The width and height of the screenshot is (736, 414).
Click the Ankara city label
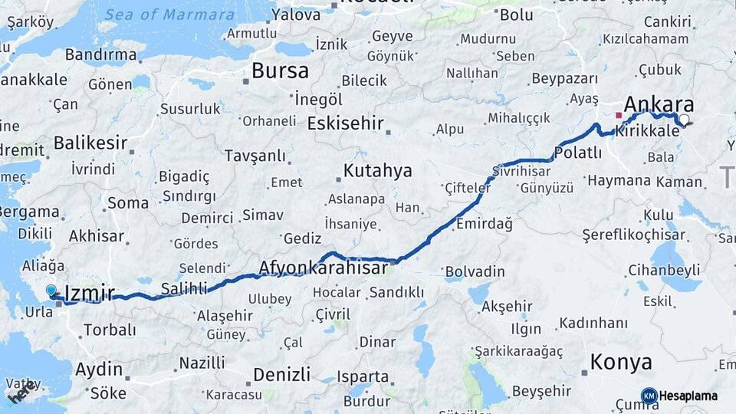(x=659, y=105)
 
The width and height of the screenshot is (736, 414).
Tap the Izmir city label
(x=90, y=292)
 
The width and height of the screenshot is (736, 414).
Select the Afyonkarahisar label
(x=323, y=268)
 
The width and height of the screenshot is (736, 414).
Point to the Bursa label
(x=280, y=71)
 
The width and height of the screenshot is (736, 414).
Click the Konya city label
(x=621, y=362)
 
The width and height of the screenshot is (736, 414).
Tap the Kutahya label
(x=377, y=170)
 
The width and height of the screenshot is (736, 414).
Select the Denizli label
(x=281, y=374)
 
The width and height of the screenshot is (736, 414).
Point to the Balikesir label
(x=90, y=143)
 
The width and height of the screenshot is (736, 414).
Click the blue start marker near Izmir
(x=51, y=291)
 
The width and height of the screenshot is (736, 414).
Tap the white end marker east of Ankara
(x=685, y=120)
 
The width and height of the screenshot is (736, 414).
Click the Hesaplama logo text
(x=688, y=396)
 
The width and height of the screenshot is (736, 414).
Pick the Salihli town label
(x=184, y=288)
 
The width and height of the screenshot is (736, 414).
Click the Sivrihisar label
(x=522, y=170)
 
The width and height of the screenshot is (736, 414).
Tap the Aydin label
(x=99, y=369)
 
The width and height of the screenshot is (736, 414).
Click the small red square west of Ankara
(x=619, y=115)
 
